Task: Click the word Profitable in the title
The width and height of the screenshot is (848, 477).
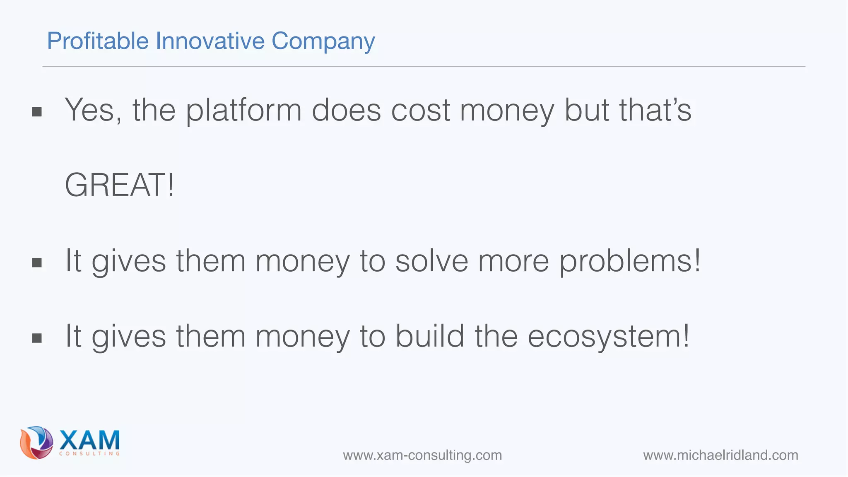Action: (98, 41)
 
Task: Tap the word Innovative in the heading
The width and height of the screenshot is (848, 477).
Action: (210, 41)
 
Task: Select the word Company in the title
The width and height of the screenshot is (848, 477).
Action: (323, 42)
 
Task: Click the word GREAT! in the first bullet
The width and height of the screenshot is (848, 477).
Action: (120, 185)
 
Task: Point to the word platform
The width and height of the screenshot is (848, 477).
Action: (243, 111)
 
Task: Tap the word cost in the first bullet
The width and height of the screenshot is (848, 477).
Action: (420, 111)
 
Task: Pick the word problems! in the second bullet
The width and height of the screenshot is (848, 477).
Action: (630, 261)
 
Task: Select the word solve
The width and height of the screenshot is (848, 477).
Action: (431, 261)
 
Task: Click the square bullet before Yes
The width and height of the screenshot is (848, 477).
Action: (37, 112)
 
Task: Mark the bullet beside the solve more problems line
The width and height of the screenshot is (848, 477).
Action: (37, 263)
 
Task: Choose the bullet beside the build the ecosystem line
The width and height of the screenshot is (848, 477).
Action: (37, 338)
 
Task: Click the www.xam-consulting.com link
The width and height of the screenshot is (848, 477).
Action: (422, 455)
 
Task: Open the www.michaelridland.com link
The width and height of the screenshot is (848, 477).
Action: (720, 455)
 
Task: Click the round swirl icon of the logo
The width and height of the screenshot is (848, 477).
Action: (36, 443)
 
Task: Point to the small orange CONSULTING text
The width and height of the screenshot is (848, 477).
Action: (89, 454)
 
